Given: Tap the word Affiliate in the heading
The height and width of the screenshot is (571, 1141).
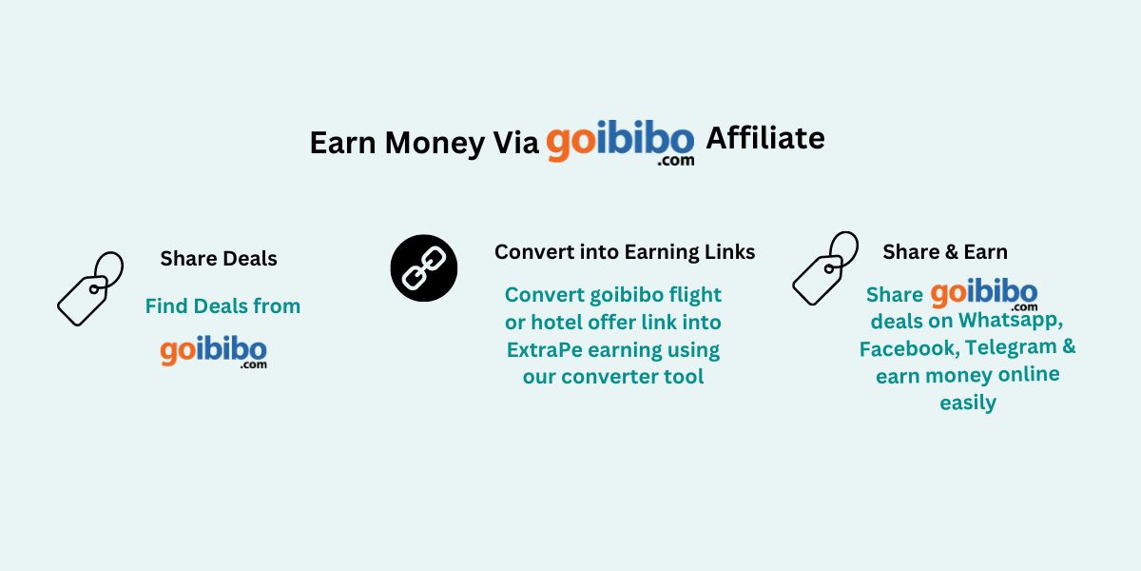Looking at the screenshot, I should click(764, 138).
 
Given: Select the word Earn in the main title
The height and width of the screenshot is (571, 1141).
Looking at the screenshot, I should click(343, 143).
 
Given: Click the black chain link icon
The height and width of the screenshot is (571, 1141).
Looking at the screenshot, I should click(424, 268).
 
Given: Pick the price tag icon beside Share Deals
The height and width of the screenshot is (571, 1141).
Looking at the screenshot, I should click(89, 287).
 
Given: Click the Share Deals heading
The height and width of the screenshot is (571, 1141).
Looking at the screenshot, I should click(219, 258).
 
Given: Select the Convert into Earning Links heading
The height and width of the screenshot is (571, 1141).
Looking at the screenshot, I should click(625, 252).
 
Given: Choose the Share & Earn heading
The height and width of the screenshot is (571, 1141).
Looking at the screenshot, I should click(945, 252).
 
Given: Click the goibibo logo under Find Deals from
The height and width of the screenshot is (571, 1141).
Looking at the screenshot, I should click(214, 351).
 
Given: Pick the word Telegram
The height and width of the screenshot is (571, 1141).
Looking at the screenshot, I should click(1007, 347).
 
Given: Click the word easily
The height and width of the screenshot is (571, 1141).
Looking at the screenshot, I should click(968, 403).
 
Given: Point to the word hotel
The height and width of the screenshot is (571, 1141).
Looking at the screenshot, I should click(555, 323).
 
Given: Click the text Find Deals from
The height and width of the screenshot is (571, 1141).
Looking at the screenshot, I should click(222, 306).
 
